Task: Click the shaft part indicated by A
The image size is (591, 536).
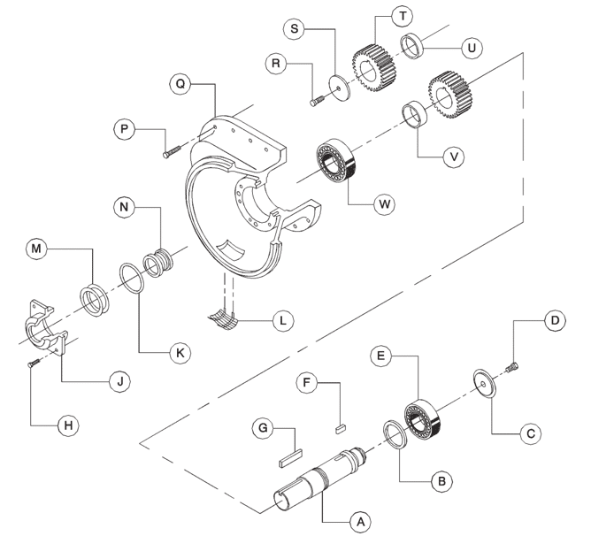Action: tap(319, 479)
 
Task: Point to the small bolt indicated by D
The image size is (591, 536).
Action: tap(511, 364)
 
